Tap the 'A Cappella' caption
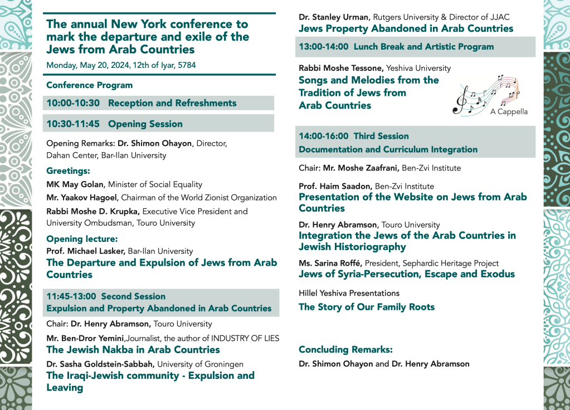tap(509, 111)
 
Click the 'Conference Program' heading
tap(89, 85)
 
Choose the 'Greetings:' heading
tap(68, 171)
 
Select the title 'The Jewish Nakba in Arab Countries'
tap(133, 350)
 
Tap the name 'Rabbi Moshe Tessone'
tap(340, 68)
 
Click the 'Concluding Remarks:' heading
tap(345, 350)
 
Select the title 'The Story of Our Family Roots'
tap(367, 307)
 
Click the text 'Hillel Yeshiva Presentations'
tap(349, 293)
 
